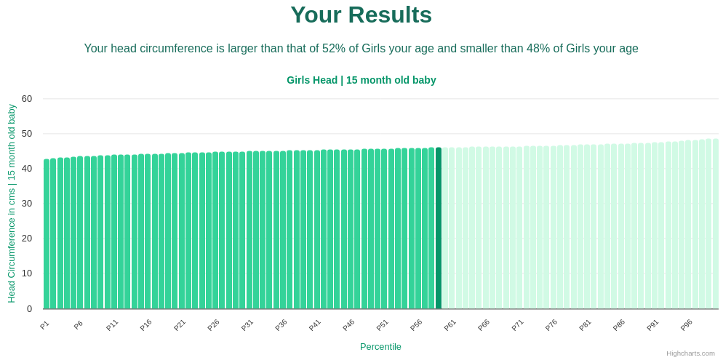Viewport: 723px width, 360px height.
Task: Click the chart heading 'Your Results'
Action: (x=361, y=15)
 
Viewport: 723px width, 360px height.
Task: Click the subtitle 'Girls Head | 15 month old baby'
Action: (x=361, y=80)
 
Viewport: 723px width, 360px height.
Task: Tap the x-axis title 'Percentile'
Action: (x=380, y=347)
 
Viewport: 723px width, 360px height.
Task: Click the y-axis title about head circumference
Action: (x=12, y=204)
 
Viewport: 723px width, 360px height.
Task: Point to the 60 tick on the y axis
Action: (x=27, y=99)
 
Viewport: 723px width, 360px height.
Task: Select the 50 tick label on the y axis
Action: (x=27, y=134)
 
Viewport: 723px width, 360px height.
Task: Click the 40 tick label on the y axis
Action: (x=27, y=169)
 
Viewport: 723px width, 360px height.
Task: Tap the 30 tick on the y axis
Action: (x=27, y=204)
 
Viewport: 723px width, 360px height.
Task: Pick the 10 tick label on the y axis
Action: (x=27, y=273)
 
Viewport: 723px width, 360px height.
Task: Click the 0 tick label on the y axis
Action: (x=29, y=309)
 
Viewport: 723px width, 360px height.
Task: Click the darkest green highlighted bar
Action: (x=439, y=228)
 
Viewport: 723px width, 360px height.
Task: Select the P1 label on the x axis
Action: (x=44, y=325)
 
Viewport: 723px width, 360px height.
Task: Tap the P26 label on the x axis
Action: (x=213, y=325)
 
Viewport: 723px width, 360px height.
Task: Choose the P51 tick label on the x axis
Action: (x=382, y=325)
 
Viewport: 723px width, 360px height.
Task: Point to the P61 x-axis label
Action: (x=450, y=325)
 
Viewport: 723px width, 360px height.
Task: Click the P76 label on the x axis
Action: (x=551, y=325)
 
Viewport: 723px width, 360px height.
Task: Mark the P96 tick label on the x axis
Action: (x=686, y=325)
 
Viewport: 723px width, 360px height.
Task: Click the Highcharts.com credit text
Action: (x=690, y=353)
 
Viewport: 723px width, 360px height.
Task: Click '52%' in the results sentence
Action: (x=334, y=49)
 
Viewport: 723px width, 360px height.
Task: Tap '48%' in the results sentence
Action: (x=538, y=49)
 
